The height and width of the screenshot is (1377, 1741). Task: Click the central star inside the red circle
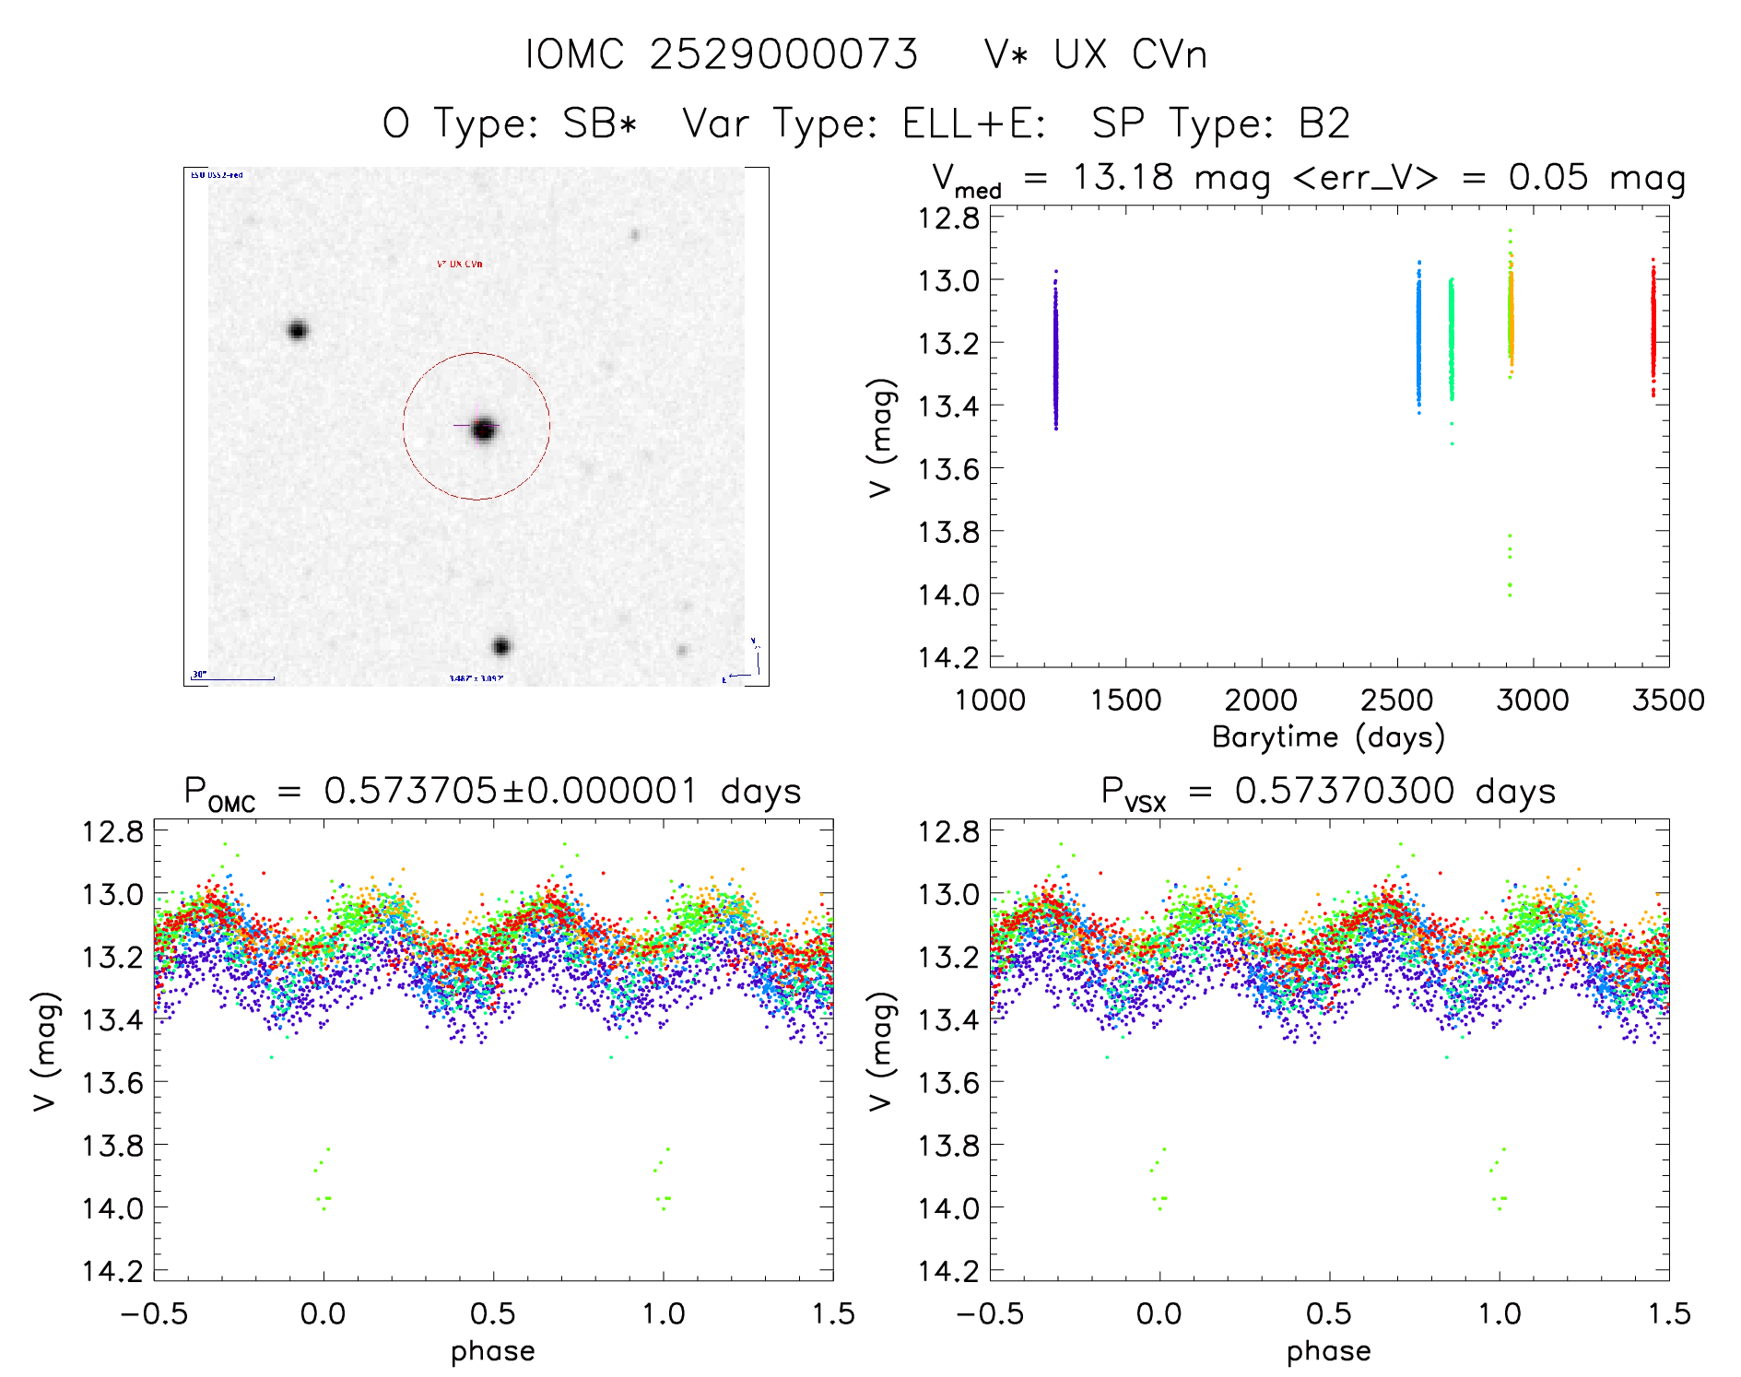click(x=484, y=429)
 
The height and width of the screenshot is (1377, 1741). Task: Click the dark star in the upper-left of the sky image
click(x=297, y=330)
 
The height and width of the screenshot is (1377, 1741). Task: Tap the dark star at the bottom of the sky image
click(x=500, y=646)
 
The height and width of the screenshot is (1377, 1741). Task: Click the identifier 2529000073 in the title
click(x=783, y=55)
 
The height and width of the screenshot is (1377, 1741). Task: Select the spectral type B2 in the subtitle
click(x=1323, y=124)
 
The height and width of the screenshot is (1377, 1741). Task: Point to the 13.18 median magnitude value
click(x=1123, y=177)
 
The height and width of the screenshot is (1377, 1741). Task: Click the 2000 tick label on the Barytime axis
click(x=1260, y=700)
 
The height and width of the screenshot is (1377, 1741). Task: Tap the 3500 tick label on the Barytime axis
click(x=1667, y=700)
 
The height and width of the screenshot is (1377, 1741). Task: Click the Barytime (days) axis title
click(x=1328, y=737)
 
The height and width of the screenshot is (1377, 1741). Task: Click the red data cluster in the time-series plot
click(x=1653, y=327)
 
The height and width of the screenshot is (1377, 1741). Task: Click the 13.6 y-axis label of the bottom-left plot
click(x=112, y=1083)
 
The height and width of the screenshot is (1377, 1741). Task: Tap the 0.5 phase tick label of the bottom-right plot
click(x=1328, y=1314)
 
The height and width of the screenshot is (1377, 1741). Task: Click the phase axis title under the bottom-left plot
click(x=492, y=1351)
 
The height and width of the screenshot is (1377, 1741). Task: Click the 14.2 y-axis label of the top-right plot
click(x=947, y=657)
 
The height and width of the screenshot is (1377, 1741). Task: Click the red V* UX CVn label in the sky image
click(x=459, y=265)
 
